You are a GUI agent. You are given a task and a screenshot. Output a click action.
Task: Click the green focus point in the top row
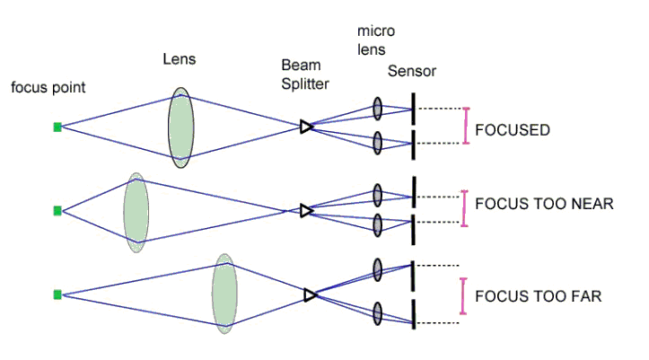point(57,127)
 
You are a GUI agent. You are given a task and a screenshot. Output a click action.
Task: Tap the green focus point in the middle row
point(57,211)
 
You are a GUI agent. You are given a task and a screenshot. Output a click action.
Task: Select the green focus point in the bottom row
point(57,294)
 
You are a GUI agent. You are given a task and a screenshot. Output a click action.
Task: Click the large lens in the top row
point(181,127)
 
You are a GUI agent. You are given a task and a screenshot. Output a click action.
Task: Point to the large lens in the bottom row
point(224,294)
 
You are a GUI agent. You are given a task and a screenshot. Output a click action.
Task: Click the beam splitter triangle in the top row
point(306,127)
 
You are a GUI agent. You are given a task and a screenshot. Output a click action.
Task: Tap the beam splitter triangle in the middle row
point(306,212)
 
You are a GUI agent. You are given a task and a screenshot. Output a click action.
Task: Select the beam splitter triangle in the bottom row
point(311,294)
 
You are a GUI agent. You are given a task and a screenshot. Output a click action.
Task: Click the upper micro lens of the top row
point(378,110)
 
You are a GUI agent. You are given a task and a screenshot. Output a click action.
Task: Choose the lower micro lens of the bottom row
point(378,312)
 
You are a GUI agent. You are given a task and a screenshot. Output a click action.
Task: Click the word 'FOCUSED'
point(512,130)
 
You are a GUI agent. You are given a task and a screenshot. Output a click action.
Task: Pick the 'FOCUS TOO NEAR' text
point(543,205)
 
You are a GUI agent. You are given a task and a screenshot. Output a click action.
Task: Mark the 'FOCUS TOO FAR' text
point(538,294)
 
